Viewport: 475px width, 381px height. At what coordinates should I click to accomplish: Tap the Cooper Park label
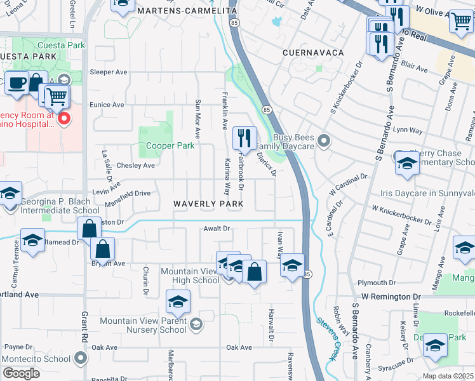170,145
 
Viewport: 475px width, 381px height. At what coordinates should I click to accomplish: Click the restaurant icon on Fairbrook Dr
244,137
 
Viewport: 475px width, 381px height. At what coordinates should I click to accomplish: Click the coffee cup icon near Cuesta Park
16,83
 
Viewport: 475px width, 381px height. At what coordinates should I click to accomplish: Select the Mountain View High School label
190,276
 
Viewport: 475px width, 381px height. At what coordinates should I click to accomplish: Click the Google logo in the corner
21,373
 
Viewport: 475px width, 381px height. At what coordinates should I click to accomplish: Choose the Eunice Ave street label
106,105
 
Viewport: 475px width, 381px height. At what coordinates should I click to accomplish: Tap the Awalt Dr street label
216,229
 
